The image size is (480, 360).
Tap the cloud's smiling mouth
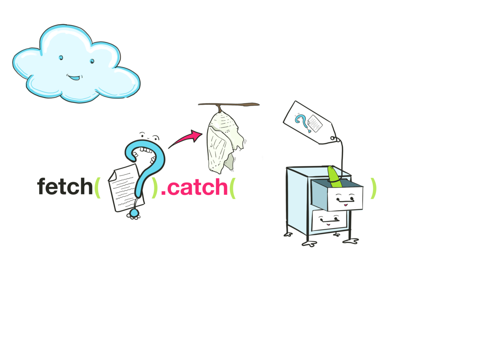pyautogui.click(x=74, y=77)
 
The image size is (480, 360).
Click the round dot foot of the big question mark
pyautogui.click(x=134, y=213)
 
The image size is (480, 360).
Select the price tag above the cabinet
pyautogui.click(x=308, y=122)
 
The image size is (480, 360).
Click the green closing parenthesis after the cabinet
pyautogui.click(x=373, y=188)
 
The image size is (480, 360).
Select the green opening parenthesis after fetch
pyautogui.click(x=97, y=188)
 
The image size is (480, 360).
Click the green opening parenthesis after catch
pyautogui.click(x=233, y=188)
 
